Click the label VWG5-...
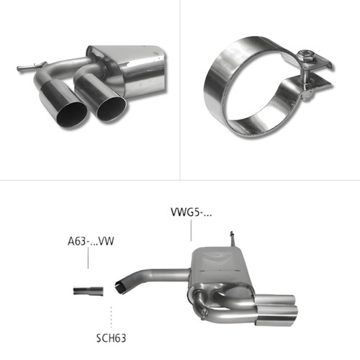click(191, 212)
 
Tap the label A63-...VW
click(91, 241)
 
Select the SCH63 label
click(111, 338)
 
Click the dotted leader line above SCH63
click(111, 317)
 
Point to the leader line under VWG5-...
click(191, 230)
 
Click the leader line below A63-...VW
click(88, 258)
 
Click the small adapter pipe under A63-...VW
click(89, 291)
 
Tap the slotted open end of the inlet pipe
click(120, 287)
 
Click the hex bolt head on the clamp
click(305, 57)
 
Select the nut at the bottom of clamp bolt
click(307, 96)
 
